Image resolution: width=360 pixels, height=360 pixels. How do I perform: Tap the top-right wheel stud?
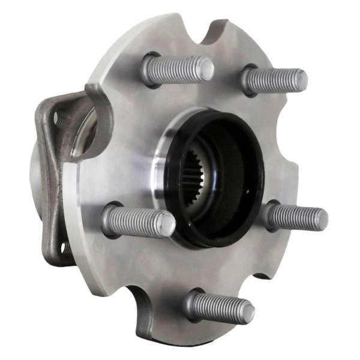pyautogui.click(x=273, y=80)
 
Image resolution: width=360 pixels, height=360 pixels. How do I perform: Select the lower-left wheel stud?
pyautogui.click(x=138, y=220)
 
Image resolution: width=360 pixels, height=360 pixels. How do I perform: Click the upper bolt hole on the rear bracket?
pyautogui.click(x=61, y=118)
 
